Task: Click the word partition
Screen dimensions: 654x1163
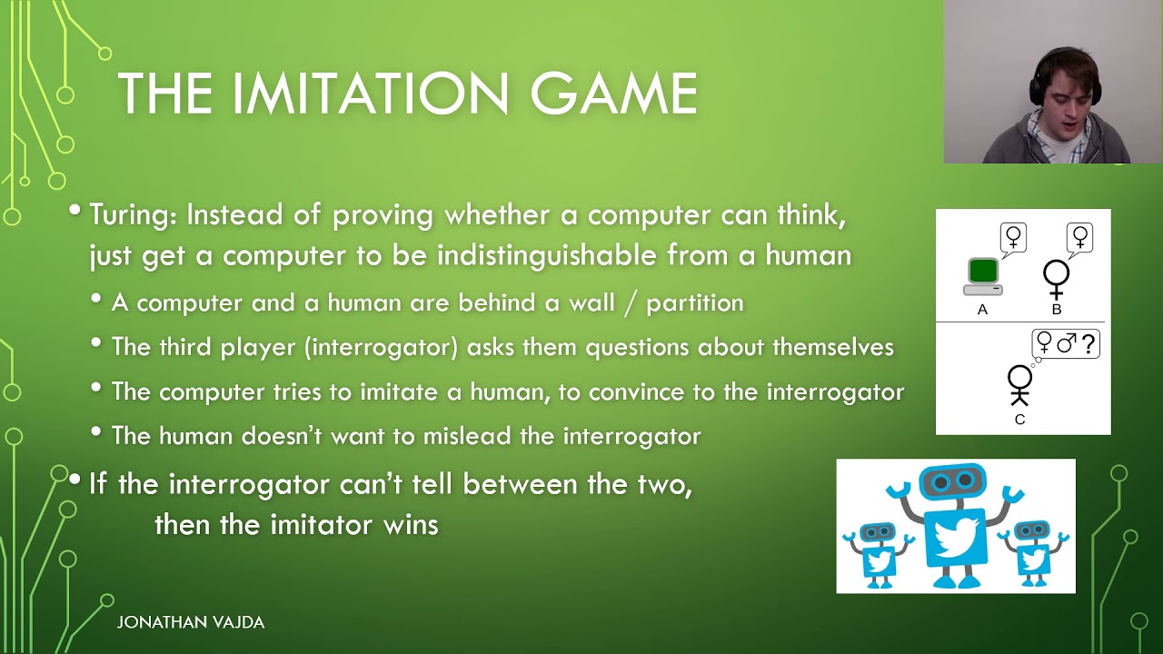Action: (694, 302)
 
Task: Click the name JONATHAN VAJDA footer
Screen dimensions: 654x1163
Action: (191, 622)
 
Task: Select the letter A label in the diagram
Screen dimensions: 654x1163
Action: (982, 310)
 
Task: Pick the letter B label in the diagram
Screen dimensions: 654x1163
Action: (1057, 310)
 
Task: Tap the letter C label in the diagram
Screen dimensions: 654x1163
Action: (1019, 420)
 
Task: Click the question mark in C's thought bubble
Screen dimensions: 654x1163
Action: (1088, 344)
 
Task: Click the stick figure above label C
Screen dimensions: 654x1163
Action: (1019, 384)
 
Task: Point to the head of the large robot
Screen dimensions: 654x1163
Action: (953, 481)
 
